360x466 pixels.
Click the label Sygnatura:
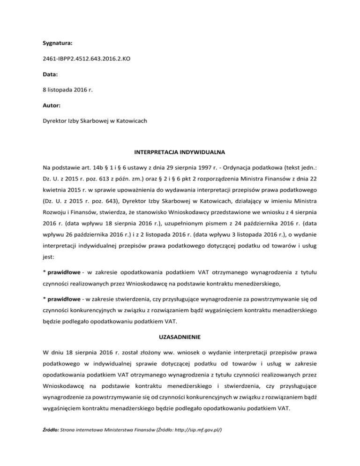57,43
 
